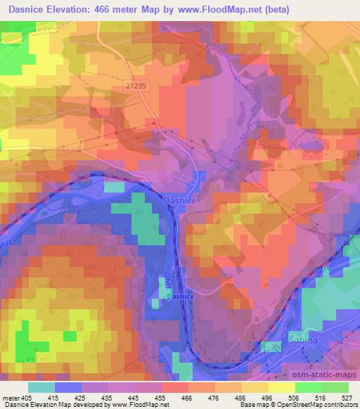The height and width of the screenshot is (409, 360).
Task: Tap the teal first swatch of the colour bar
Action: (x=42, y=387)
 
